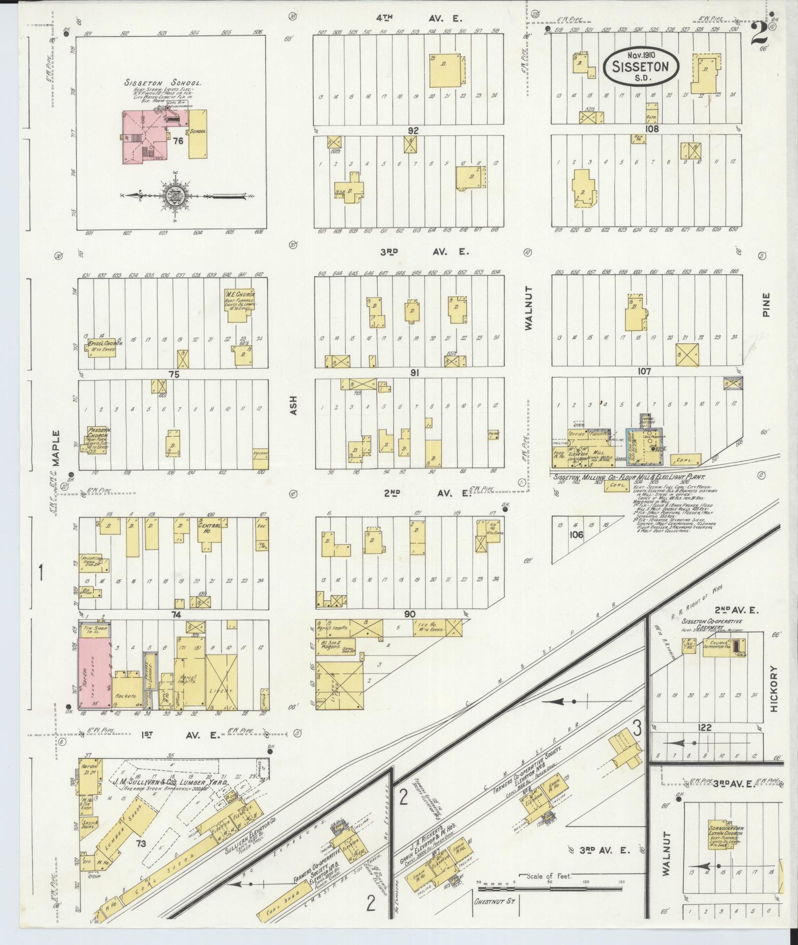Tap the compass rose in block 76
pos(175,196)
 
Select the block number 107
pos(644,372)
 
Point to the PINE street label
pos(767,305)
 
